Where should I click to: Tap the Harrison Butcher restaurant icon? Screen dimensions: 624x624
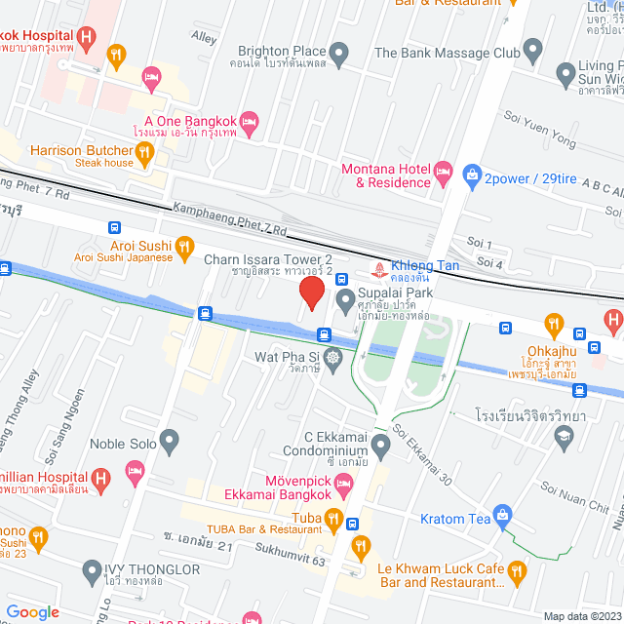(145, 151)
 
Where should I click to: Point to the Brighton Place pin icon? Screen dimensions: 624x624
(339, 52)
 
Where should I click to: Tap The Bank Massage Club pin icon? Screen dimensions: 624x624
(532, 49)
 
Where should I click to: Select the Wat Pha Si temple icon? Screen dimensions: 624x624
(333, 359)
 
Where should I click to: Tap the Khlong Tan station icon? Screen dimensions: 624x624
(376, 267)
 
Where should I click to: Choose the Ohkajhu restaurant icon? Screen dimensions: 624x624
(554, 322)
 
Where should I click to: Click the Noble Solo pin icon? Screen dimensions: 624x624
(170, 443)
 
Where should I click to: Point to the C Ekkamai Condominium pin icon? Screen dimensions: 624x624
(380, 446)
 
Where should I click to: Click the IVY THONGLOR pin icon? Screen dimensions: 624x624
(93, 570)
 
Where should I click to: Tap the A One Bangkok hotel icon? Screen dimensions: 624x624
(249, 121)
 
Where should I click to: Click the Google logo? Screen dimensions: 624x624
(32, 611)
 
